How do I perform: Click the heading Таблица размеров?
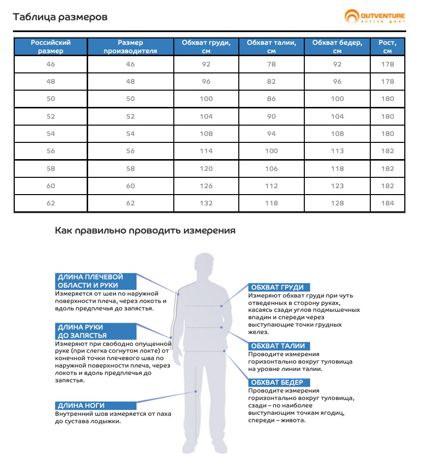[x=60, y=18]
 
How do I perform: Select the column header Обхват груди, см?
[x=206, y=47]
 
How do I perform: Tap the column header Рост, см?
[x=388, y=47]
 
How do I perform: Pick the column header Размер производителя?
[x=130, y=47]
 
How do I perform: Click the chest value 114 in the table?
[x=206, y=151]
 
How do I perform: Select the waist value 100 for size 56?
[x=271, y=151]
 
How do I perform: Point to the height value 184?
[x=388, y=203]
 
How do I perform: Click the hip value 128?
[x=337, y=203]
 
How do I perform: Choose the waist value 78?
[x=271, y=64]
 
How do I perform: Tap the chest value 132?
[x=206, y=203]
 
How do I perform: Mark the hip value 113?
[x=337, y=151]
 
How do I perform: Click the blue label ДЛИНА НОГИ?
[x=82, y=405]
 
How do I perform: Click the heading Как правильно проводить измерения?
[x=145, y=231]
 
